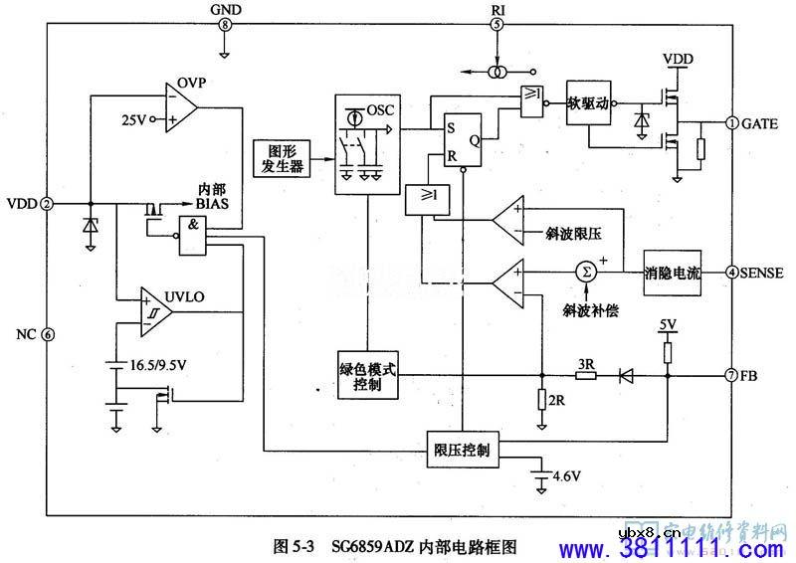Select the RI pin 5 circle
[497, 24]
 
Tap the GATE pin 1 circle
[732, 123]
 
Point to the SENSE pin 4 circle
[732, 272]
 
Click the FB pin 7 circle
[732, 376]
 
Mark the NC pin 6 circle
[47, 334]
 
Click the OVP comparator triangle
[181, 106]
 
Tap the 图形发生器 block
[280, 157]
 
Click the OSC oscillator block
[367, 140]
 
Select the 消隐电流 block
[673, 272]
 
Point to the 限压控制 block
[463, 450]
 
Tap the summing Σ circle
[586, 271]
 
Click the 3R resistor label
[587, 364]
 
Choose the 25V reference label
[133, 119]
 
